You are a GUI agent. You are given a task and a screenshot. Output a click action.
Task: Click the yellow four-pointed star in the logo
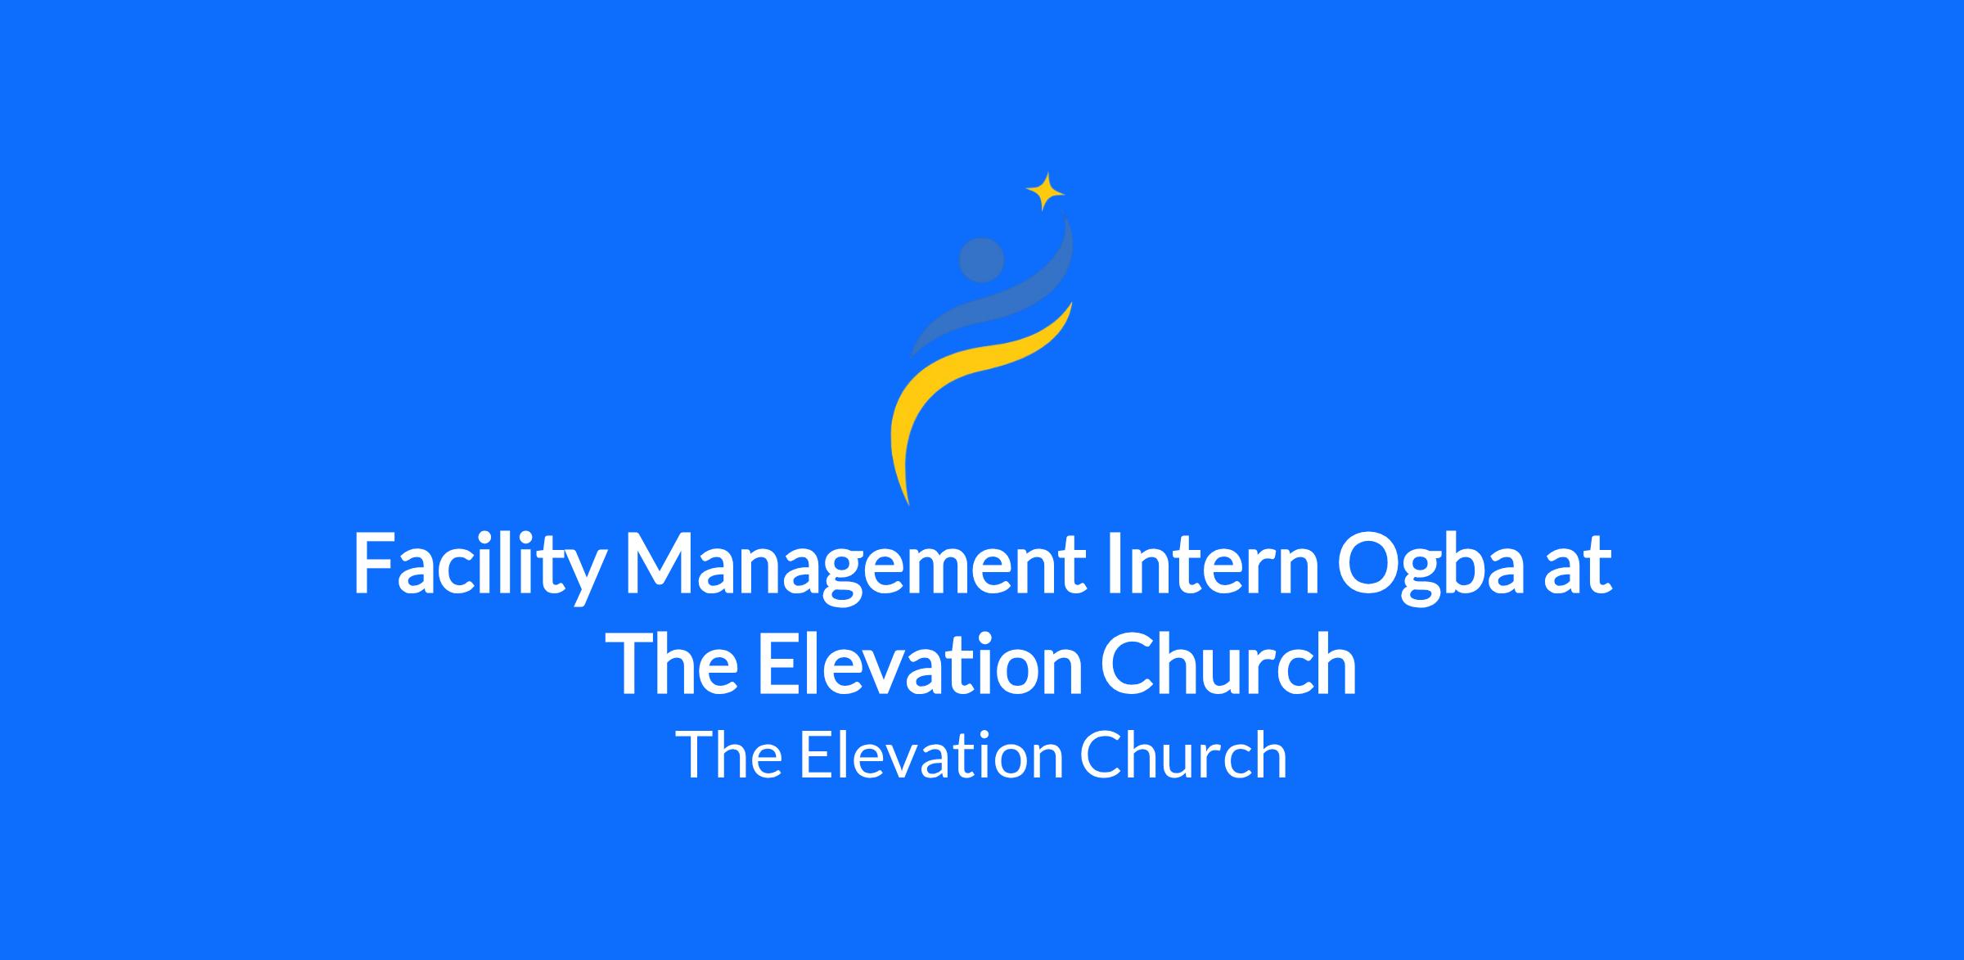(1045, 192)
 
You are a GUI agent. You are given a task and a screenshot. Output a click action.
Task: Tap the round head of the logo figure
(981, 260)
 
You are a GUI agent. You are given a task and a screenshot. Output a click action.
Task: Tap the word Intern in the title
(1212, 564)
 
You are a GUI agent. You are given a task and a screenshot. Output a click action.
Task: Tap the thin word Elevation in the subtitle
(931, 755)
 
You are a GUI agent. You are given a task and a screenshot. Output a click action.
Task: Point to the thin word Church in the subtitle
(1183, 755)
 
